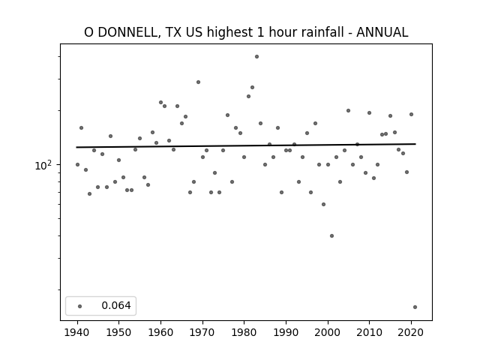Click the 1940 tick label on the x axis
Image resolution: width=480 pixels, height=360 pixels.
point(77,332)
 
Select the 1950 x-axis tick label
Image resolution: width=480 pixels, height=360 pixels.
point(118,332)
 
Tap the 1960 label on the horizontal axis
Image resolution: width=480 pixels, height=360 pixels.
point(160,332)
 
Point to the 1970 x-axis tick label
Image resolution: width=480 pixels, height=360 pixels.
point(202,332)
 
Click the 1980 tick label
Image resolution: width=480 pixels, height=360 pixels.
point(244,332)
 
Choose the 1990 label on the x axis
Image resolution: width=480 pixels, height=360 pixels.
point(286,332)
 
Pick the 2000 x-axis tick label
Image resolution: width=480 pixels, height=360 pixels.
point(328,332)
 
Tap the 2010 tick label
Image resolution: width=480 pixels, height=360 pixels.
point(369,332)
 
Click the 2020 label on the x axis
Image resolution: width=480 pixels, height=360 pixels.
point(411,332)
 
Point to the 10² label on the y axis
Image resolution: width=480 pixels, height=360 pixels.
point(43,165)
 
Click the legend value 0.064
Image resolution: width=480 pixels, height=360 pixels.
point(116,305)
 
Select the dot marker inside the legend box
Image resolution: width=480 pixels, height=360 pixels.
point(80,306)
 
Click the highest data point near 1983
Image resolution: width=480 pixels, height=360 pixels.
point(256,57)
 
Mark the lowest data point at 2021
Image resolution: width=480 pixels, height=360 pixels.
point(415,307)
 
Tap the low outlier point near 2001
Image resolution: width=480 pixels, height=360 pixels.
point(331,235)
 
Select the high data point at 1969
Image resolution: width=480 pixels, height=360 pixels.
point(198,82)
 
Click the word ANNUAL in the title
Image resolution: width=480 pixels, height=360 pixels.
point(382,32)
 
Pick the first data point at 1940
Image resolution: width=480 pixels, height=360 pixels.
point(77,165)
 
